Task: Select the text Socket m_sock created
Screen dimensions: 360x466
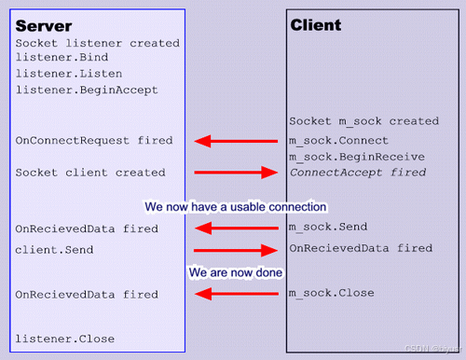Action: point(363,121)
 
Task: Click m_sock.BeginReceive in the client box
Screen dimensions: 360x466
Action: point(356,157)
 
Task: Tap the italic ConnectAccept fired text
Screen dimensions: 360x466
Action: point(358,173)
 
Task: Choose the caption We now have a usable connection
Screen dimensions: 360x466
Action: point(235,205)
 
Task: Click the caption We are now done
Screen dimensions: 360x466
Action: point(235,272)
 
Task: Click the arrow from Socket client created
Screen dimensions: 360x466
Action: point(236,173)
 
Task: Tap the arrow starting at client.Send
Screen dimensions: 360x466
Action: point(236,250)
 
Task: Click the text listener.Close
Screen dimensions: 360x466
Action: point(65,339)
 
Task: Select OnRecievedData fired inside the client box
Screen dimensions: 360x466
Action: point(361,249)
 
